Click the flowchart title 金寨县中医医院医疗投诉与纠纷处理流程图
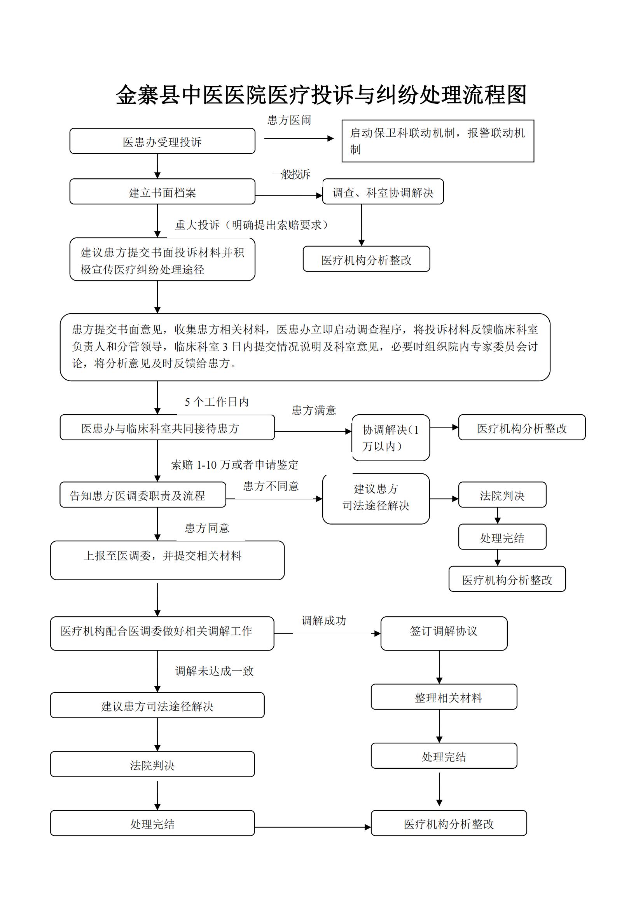pos(321,95)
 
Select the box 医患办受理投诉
pos(162,141)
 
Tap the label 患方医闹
pos(289,120)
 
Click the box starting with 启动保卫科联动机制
pos(437,141)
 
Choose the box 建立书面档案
pos(162,192)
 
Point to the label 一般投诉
pos(291,174)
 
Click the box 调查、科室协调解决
pos(383,192)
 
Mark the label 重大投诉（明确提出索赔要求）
pos(252,225)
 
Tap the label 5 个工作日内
pos(217,402)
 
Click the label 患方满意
pos(314,410)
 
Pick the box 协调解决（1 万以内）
pos(391,438)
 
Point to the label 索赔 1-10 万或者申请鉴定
pos(235,465)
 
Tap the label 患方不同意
pos(271,486)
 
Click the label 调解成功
pos(323,621)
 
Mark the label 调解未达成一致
pos(214,671)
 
